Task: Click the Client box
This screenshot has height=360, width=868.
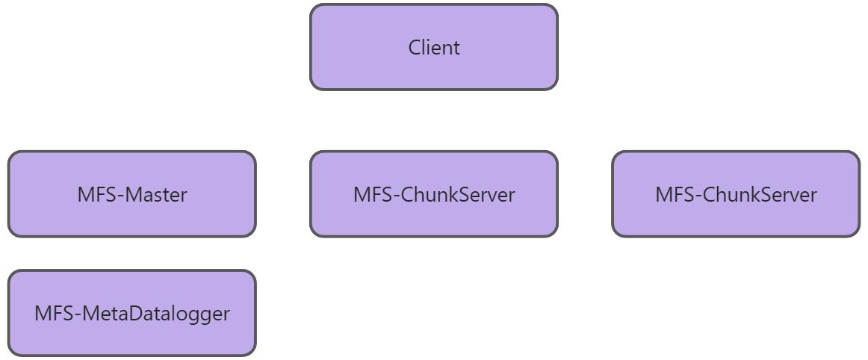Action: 433,47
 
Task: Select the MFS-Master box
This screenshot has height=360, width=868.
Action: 131,194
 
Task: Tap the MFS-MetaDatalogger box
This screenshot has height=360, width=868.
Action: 131,313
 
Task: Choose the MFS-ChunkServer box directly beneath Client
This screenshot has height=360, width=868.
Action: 433,194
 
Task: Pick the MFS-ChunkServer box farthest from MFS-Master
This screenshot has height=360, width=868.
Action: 735,194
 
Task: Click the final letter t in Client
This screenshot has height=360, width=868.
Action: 456,48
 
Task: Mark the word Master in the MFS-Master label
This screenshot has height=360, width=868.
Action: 157,195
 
